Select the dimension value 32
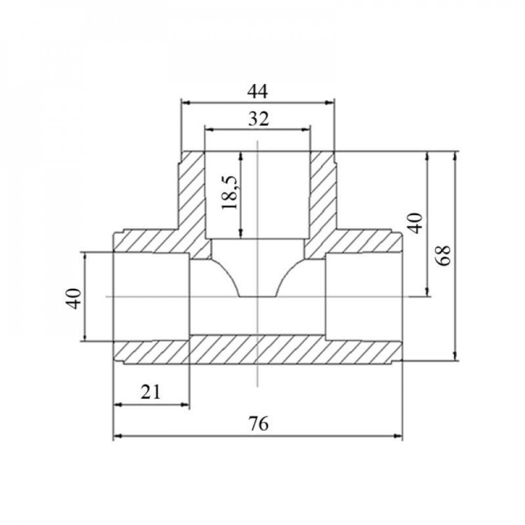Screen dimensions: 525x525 (258, 119)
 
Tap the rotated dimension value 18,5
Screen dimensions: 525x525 (230, 192)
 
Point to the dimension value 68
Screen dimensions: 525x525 (444, 256)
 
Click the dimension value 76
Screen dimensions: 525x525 (258, 424)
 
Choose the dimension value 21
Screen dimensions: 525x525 (151, 392)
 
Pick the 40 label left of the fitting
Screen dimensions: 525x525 (74, 298)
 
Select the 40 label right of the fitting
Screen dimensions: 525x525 (415, 223)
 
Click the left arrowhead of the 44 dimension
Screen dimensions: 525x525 (185, 103)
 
